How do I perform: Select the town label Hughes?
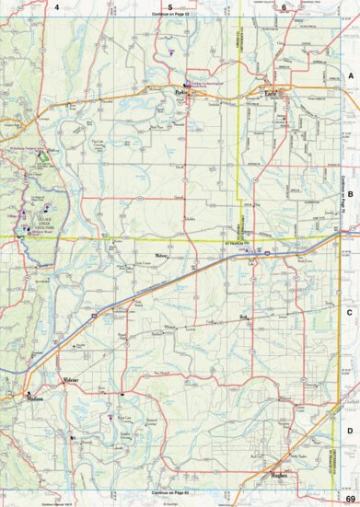[281, 475]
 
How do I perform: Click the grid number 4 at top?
[56, 6]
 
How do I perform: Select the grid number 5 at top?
[170, 6]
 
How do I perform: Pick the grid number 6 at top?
[284, 6]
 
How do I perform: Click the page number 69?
[350, 498]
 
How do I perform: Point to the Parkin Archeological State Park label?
[210, 84]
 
